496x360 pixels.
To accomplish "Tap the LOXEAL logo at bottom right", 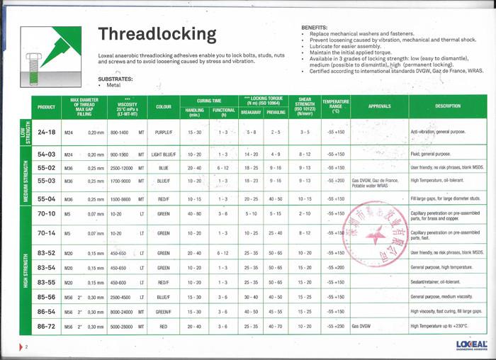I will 471,344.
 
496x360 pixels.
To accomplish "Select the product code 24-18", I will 46,132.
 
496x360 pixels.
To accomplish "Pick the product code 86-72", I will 46,326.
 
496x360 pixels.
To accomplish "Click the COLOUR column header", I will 163,107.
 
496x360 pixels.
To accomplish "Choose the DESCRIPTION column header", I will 448,107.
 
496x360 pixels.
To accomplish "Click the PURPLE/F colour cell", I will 163,132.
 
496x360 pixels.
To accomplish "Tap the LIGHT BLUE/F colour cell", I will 163,154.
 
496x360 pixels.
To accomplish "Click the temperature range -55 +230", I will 335,326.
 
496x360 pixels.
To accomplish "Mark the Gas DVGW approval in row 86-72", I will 362,326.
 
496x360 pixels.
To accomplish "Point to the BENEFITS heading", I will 314,26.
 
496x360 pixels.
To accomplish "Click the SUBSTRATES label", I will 115,78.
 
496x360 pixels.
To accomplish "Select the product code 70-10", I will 46,213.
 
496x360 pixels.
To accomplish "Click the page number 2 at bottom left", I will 26,347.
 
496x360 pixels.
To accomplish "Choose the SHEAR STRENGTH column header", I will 305,107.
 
